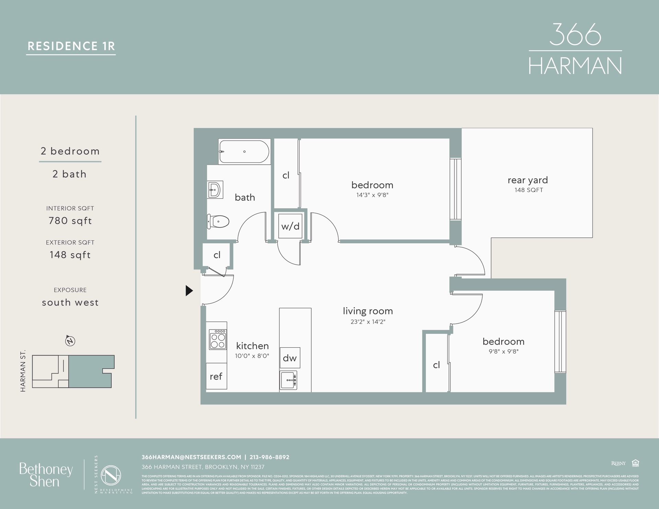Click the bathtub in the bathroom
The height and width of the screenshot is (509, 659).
click(x=244, y=151)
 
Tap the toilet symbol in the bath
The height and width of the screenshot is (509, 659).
click(x=218, y=222)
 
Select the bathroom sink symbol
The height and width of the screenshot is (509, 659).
click(x=215, y=190)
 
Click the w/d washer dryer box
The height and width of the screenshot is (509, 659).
click(x=290, y=226)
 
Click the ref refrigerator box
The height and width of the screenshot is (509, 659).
click(x=216, y=377)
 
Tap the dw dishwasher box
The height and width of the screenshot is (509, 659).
click(x=290, y=358)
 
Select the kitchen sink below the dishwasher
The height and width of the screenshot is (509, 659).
click(x=288, y=380)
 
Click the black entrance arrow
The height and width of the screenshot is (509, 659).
click(x=189, y=291)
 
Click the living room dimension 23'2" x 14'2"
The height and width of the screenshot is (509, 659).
click(x=368, y=322)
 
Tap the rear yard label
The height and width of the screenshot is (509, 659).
click(x=528, y=180)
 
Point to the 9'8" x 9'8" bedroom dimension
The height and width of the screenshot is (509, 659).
click(x=504, y=351)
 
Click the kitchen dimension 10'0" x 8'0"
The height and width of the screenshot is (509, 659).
click(x=252, y=356)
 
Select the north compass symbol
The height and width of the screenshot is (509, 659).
click(x=70, y=341)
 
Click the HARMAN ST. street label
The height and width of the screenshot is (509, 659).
click(x=23, y=371)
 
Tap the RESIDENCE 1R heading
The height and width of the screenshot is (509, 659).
click(x=71, y=46)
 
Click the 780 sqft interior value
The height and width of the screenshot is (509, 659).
click(x=70, y=221)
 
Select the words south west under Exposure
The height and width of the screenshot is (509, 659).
click(x=70, y=303)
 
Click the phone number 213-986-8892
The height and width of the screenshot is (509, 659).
click(x=269, y=457)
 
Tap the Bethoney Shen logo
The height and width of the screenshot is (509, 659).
click(x=46, y=475)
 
